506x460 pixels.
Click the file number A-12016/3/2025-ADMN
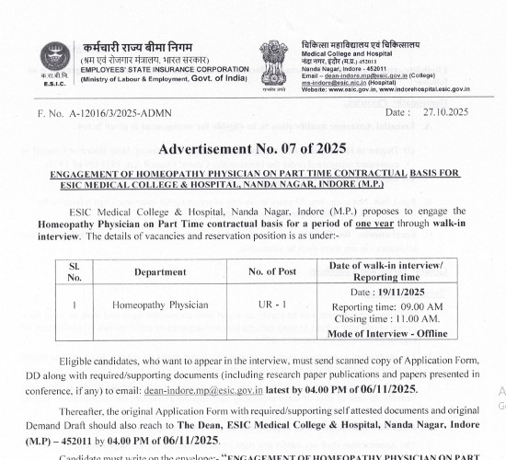click(117, 112)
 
